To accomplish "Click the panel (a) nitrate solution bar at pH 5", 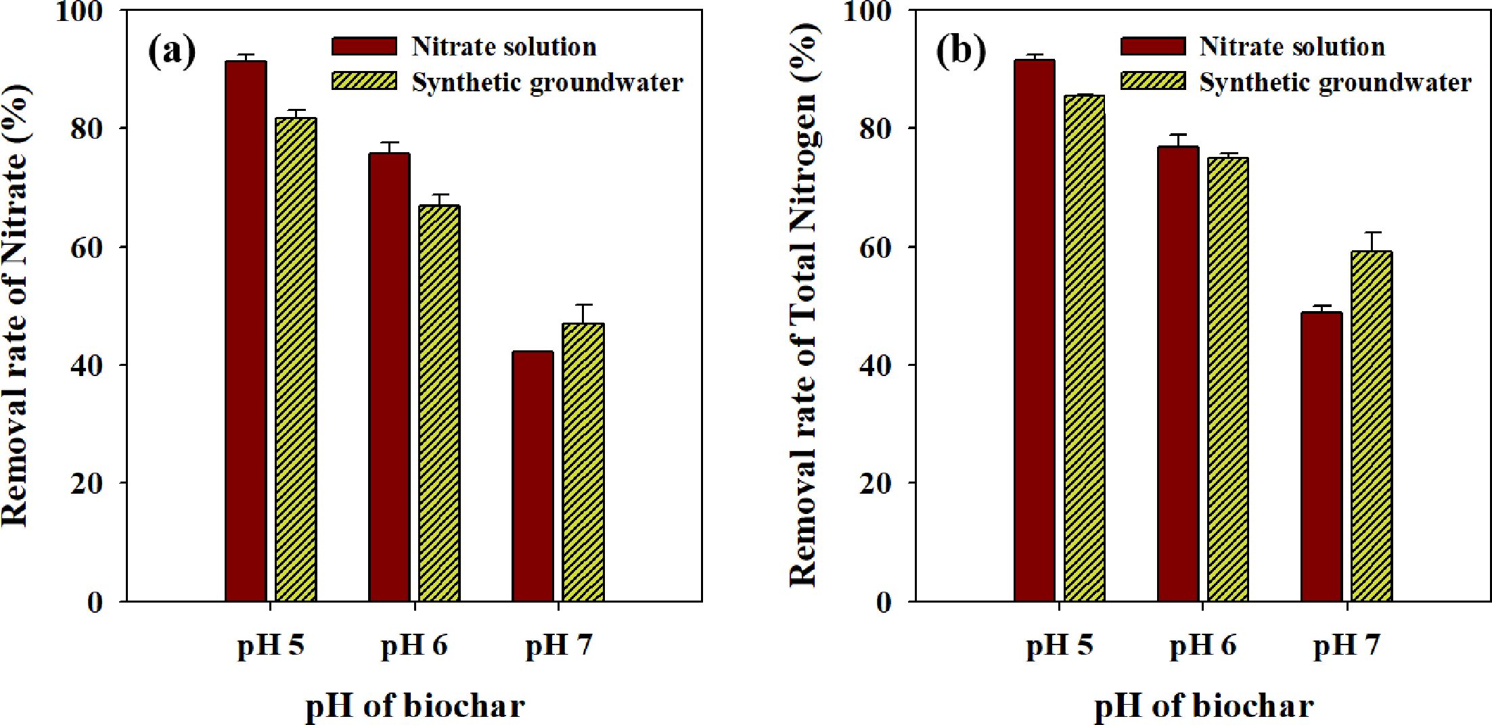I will click(x=246, y=331).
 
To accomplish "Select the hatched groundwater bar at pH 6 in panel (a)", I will click(x=439, y=403).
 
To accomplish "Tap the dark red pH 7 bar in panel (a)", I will click(x=533, y=476).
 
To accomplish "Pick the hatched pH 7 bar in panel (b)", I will click(x=1372, y=426).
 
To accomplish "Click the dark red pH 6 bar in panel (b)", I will click(x=1178, y=373).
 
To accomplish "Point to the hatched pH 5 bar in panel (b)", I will click(x=1085, y=348).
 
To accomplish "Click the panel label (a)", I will click(x=172, y=51).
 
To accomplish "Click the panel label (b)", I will click(x=960, y=51).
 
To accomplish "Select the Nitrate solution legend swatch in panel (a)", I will click(x=364, y=46).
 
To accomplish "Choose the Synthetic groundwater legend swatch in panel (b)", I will click(x=1153, y=81).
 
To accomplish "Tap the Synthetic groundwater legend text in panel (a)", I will click(x=547, y=83).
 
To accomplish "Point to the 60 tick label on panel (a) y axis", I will click(x=86, y=248).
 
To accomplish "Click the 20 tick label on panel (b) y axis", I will click(x=875, y=484).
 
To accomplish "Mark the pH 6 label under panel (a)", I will click(x=414, y=646).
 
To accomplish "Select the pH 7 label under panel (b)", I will click(x=1347, y=646).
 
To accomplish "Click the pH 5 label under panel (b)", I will click(x=1059, y=646).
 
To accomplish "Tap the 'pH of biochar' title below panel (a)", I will click(x=415, y=706).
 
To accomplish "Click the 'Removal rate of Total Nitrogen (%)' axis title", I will click(x=805, y=304).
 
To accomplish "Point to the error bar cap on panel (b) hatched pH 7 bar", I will click(x=1372, y=233).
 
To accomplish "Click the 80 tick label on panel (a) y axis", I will click(x=86, y=128).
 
